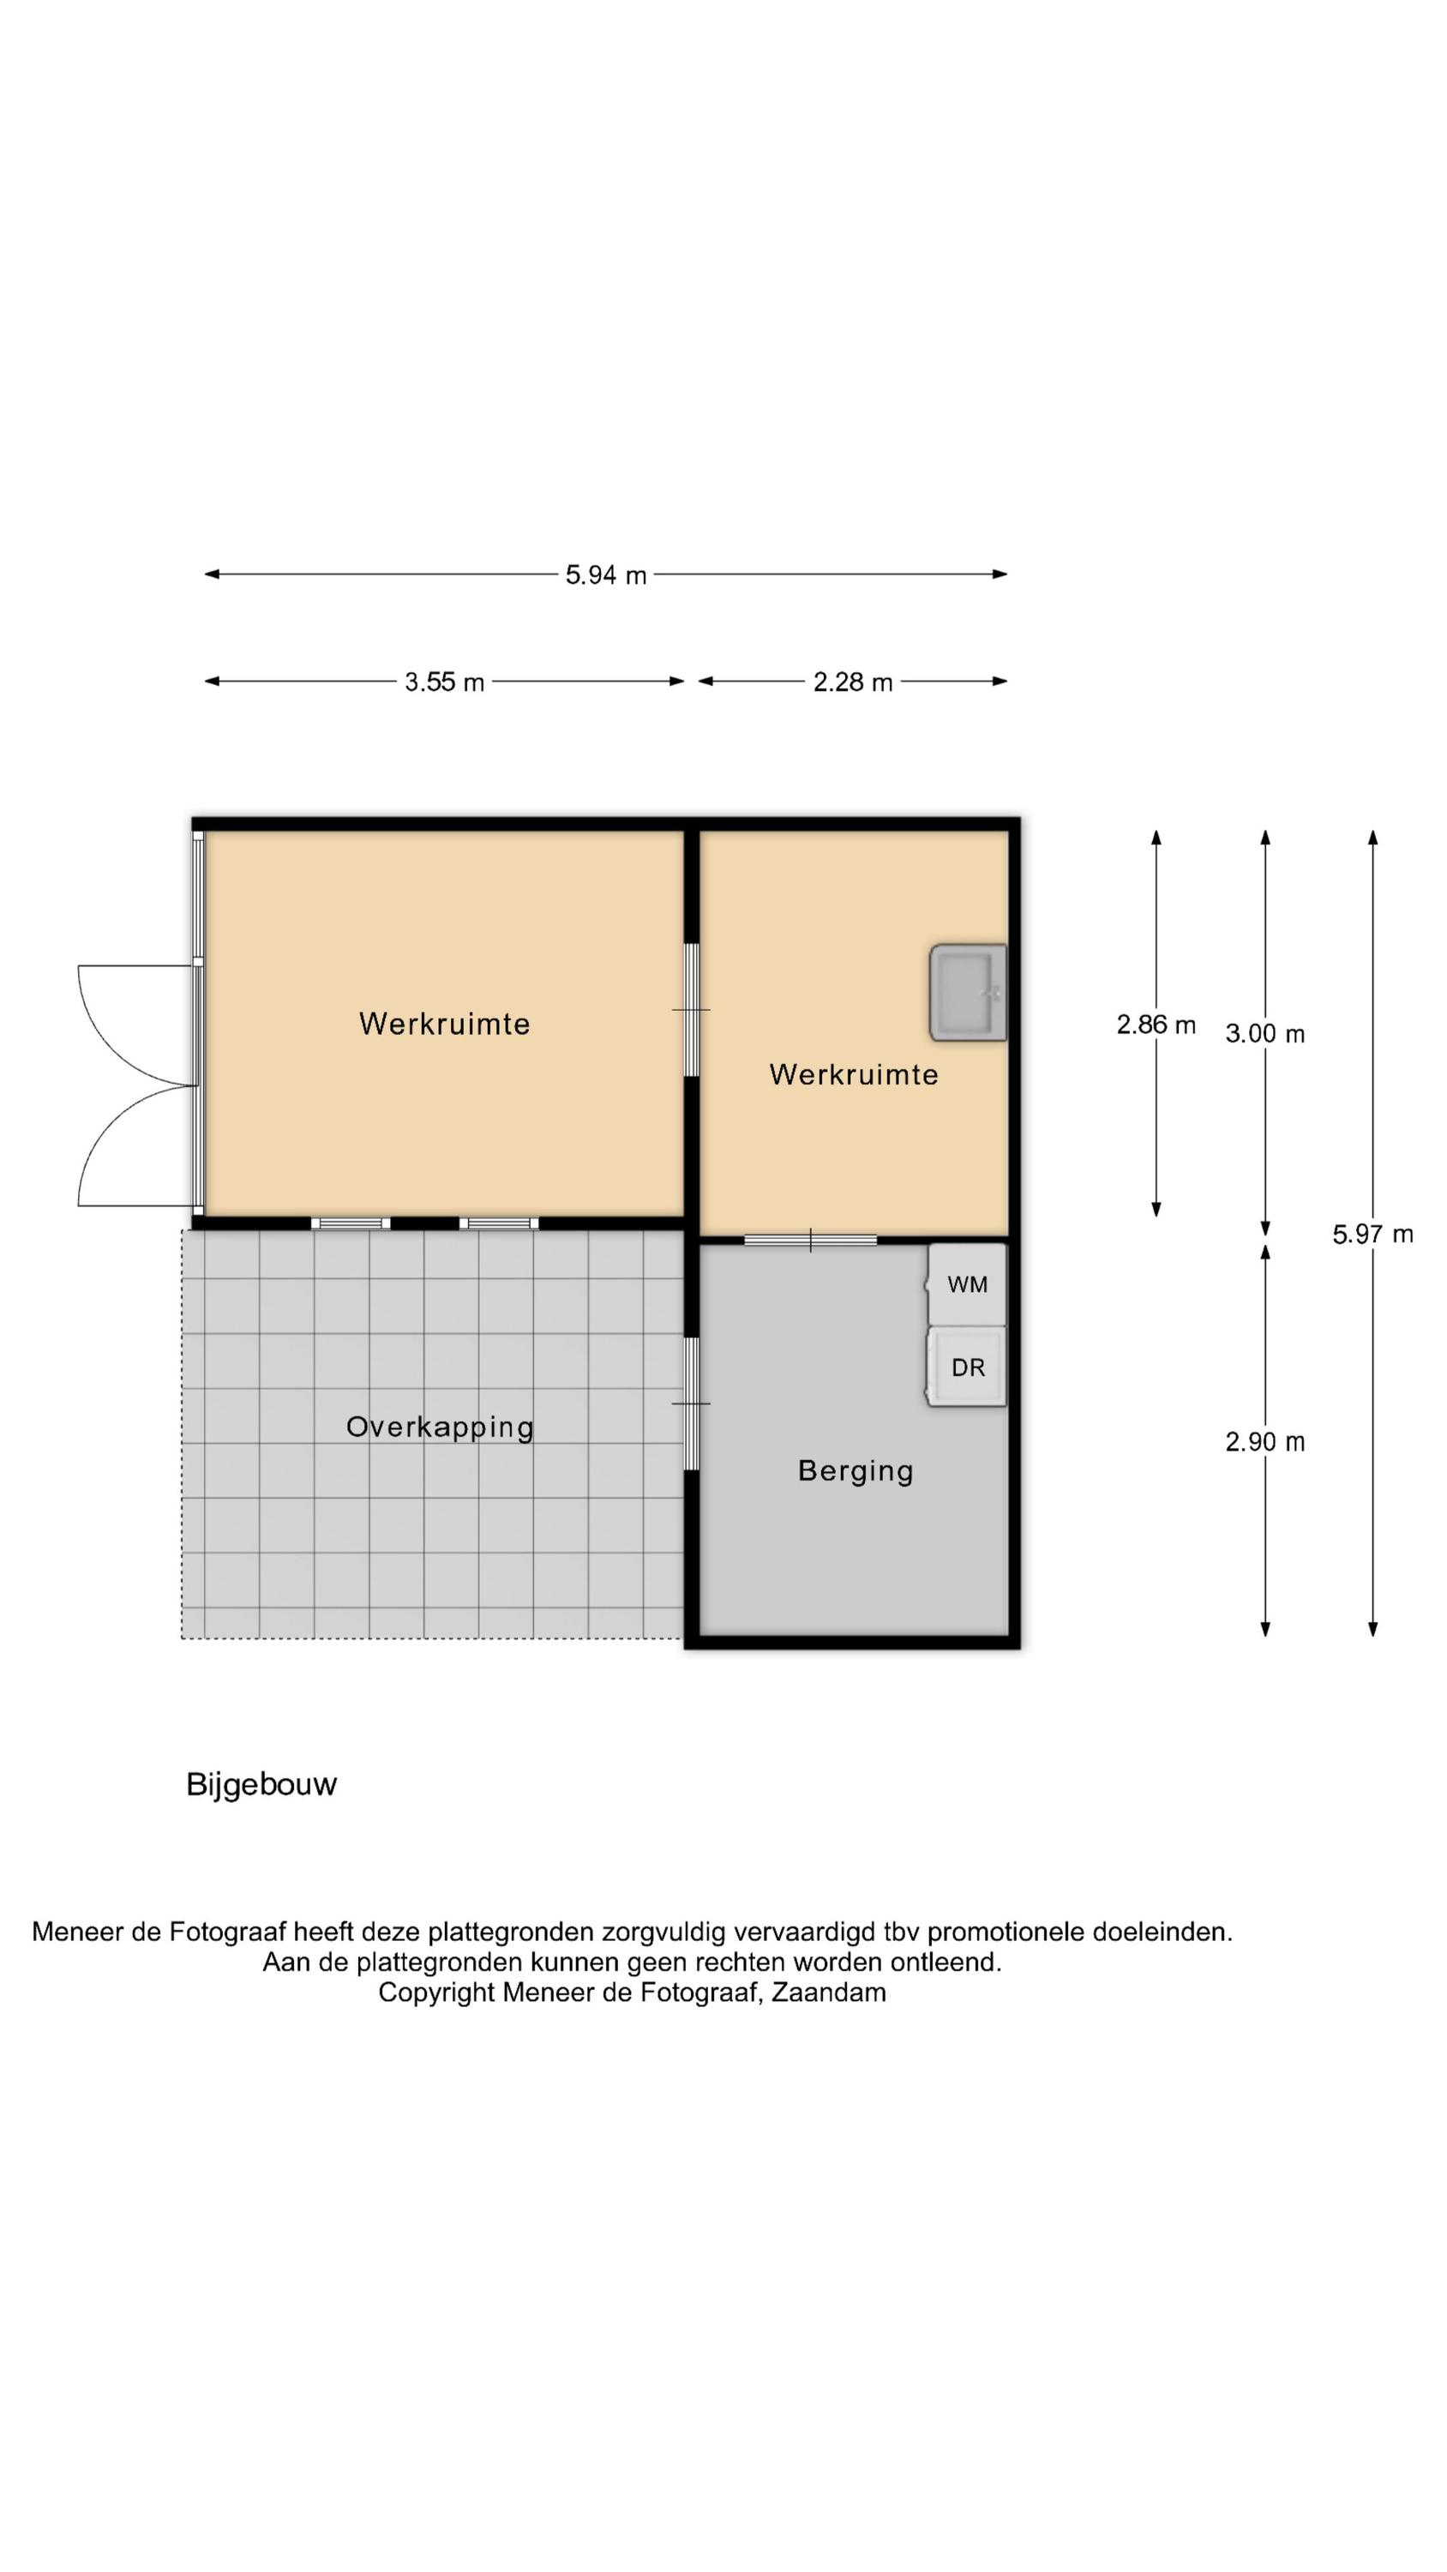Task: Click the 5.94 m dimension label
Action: pos(605,575)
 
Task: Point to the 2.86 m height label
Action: pos(1156,1025)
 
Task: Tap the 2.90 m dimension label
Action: pos(1264,1442)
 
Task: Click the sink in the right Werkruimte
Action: pos(968,993)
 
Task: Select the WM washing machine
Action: pos(967,1284)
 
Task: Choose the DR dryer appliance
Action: pos(967,1367)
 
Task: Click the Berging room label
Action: pos(856,1472)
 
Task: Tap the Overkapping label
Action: pos(440,1427)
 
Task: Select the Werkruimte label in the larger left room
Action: pos(444,1024)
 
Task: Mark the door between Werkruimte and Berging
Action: pos(810,1240)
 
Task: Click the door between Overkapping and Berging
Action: pos(691,1403)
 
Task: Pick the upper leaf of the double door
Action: pos(137,1025)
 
